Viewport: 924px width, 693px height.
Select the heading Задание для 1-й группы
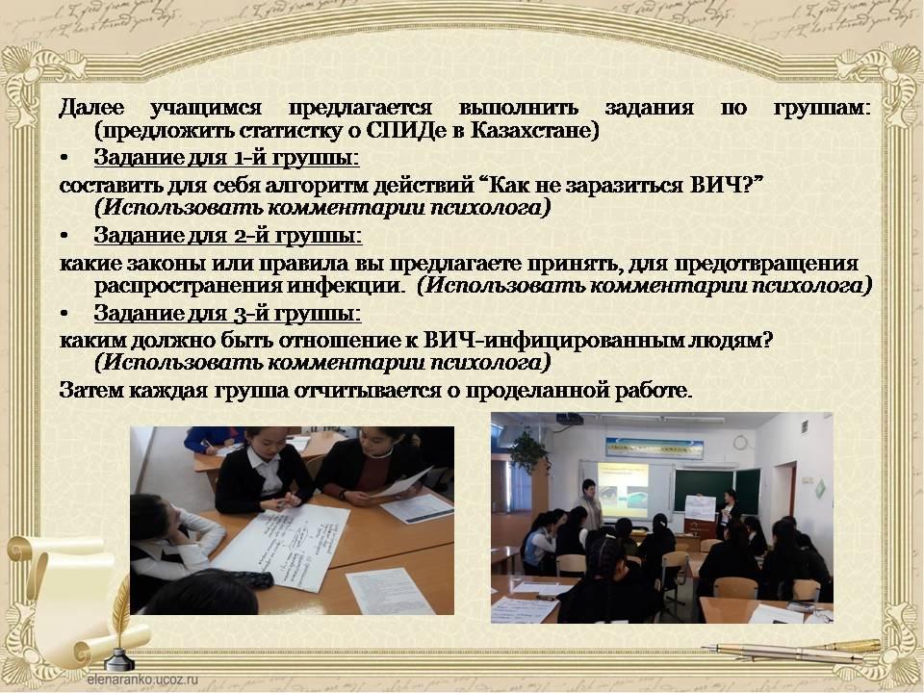click(x=226, y=158)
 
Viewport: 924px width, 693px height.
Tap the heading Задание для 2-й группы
click(x=227, y=236)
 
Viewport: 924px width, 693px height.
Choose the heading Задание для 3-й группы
click(x=227, y=314)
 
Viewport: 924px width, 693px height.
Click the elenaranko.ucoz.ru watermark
click(x=142, y=679)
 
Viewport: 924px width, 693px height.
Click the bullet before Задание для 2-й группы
click(x=64, y=236)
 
